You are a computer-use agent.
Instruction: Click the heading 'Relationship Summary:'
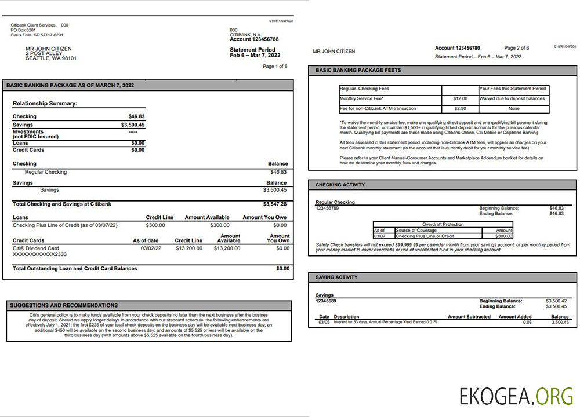point(45,104)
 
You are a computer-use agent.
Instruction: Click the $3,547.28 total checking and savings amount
point(275,204)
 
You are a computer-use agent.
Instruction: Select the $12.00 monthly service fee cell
point(460,99)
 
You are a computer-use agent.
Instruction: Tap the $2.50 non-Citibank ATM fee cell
point(460,108)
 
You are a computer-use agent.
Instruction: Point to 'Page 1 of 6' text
point(275,67)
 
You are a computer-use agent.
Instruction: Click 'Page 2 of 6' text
point(516,48)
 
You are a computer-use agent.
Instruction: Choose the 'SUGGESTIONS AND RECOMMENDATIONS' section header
point(64,305)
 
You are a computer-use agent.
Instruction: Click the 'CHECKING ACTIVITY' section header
point(340,185)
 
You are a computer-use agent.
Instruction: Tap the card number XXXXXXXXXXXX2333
point(39,254)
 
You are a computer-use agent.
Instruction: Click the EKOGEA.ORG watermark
point(516,396)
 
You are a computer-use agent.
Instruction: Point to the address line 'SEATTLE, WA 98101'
point(51,58)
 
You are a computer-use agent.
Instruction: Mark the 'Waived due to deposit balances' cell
point(512,99)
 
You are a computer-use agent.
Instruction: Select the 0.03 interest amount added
point(527,322)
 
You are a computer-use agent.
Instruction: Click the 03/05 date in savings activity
point(324,322)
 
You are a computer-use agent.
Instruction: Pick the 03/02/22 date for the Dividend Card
point(151,248)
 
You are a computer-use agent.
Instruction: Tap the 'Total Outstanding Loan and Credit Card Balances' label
point(75,269)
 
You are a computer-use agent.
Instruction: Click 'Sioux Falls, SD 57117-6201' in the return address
point(37,35)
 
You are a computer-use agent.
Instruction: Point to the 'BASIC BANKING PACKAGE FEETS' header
point(358,71)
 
